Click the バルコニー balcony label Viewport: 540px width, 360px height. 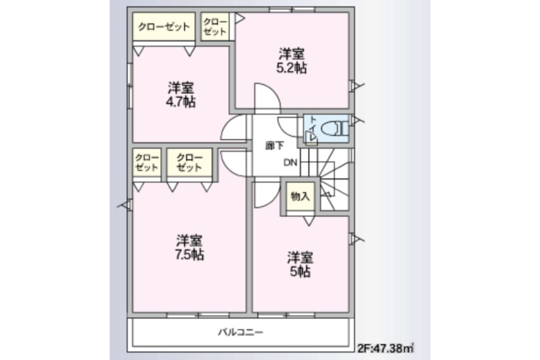240,333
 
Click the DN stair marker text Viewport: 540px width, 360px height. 290,163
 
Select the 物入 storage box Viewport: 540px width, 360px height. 300,197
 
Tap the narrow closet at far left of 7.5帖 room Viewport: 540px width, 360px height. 146,163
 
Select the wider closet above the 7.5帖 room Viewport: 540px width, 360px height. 189,163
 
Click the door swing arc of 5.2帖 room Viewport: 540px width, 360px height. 266,98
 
